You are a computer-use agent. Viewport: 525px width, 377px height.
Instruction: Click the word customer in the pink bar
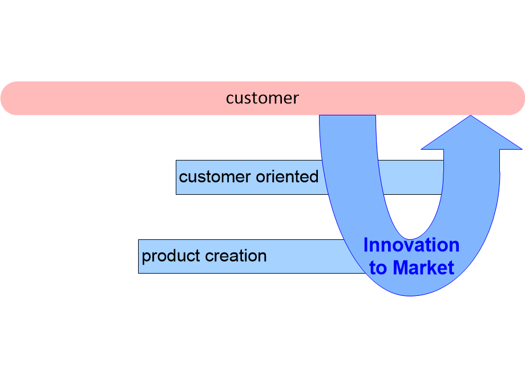click(x=262, y=98)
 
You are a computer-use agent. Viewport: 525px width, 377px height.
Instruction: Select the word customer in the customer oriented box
click(x=212, y=177)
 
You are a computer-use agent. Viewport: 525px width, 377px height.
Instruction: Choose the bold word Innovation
click(x=411, y=245)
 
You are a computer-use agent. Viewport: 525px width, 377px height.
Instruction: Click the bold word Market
click(x=423, y=267)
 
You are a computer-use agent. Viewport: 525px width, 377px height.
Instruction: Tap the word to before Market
click(x=378, y=267)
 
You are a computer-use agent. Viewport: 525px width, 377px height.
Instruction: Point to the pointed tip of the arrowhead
click(x=471, y=117)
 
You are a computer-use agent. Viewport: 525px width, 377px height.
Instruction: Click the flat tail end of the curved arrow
click(x=347, y=117)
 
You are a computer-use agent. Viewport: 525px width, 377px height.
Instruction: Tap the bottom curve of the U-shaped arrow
click(x=410, y=288)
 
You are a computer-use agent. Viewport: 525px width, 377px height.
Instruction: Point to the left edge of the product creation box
click(x=139, y=256)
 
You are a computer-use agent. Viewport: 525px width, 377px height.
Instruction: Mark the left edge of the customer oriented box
click(x=176, y=177)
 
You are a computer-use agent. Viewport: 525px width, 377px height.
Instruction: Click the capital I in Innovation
click(x=366, y=245)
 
